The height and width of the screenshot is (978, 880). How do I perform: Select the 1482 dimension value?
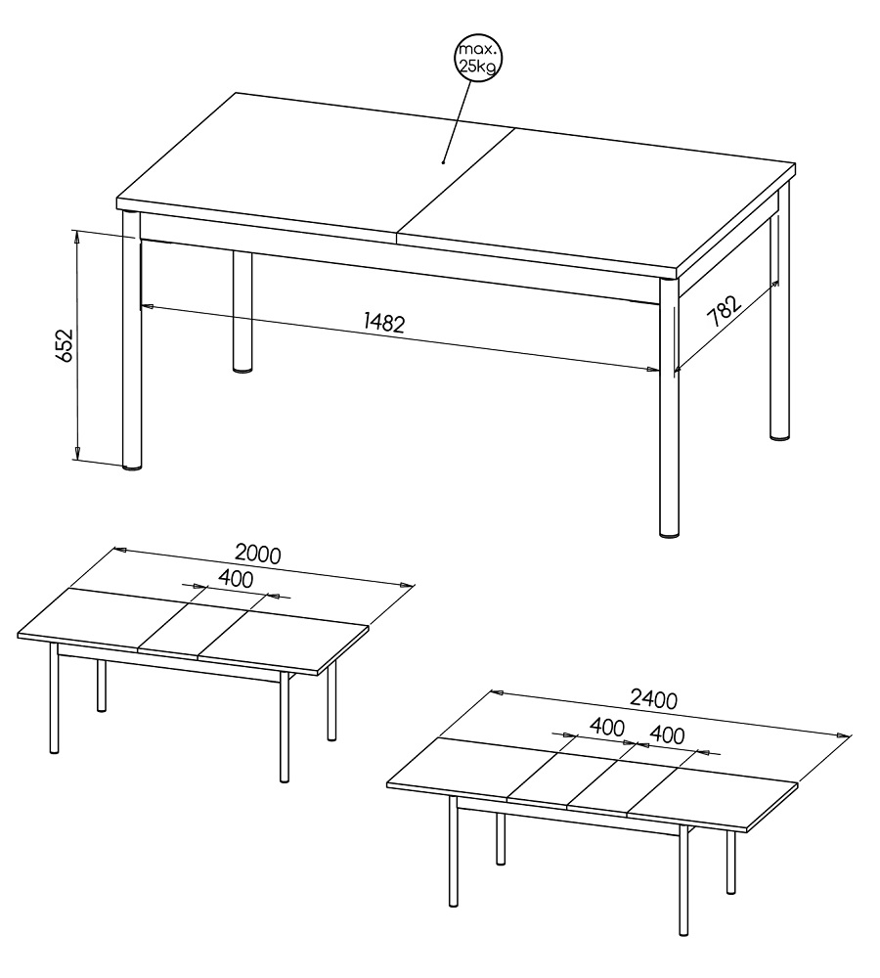pos(384,323)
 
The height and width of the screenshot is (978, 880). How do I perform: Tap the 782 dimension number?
pos(724,311)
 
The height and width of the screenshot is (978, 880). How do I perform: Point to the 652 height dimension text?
pos(65,345)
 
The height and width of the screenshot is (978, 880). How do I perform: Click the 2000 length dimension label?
pos(257,554)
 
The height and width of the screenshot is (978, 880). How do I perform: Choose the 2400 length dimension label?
pos(653,699)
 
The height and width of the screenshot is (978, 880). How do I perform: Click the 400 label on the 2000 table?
pos(236,579)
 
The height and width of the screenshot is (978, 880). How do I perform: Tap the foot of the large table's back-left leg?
pos(242,370)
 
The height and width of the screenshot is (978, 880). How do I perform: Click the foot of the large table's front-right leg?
pos(669,534)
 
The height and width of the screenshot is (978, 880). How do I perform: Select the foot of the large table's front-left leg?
pos(132,466)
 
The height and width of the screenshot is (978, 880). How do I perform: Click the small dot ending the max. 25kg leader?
pos(444,162)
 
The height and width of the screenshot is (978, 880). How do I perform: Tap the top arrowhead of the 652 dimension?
pos(76,236)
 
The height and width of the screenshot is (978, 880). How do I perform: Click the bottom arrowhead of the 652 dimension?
pos(76,453)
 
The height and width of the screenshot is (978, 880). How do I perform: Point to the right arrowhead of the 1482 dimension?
pos(652,370)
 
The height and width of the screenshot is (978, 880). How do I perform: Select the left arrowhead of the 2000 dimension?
pos(120,550)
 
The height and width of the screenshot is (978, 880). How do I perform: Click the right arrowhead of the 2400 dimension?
pos(843,735)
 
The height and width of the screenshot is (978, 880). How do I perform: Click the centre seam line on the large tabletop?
pos(455,185)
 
